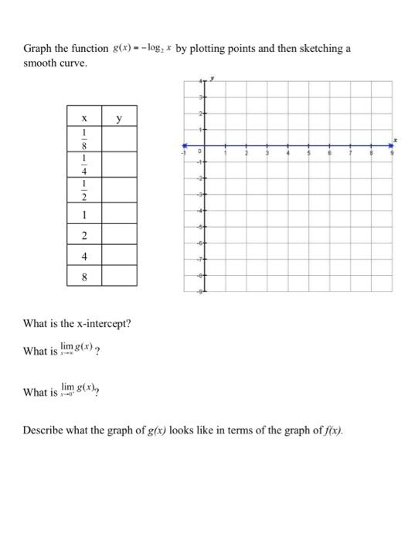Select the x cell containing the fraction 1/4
pyautogui.click(x=83, y=165)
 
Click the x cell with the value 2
pyautogui.click(x=83, y=235)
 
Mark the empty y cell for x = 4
pyautogui.click(x=119, y=255)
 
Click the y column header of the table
pyautogui.click(x=119, y=119)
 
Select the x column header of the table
pyautogui.click(x=83, y=119)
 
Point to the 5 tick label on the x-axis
pyautogui.click(x=308, y=153)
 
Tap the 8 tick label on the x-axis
pyautogui.click(x=371, y=153)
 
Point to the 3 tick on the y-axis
pyautogui.click(x=202, y=97)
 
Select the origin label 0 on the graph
pyautogui.click(x=199, y=152)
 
